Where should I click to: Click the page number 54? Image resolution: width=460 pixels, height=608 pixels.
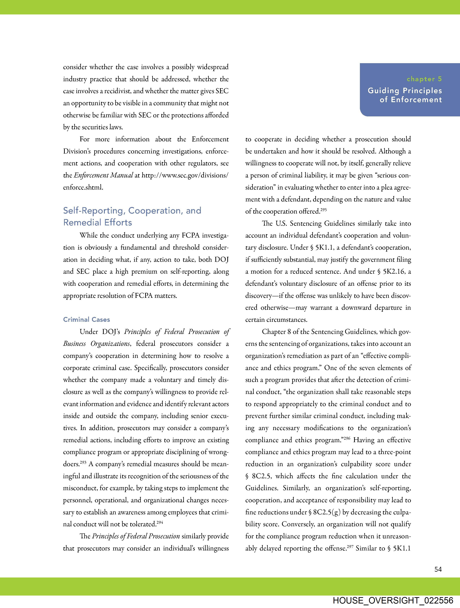pyautogui.click(x=438, y=569)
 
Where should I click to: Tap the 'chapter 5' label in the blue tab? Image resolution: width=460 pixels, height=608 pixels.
pyautogui.click(x=424, y=79)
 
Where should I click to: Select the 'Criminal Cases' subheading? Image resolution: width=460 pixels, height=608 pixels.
pyautogui.click(x=87, y=319)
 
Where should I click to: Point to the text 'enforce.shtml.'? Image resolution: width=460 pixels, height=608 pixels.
pyautogui.click(x=83, y=188)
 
